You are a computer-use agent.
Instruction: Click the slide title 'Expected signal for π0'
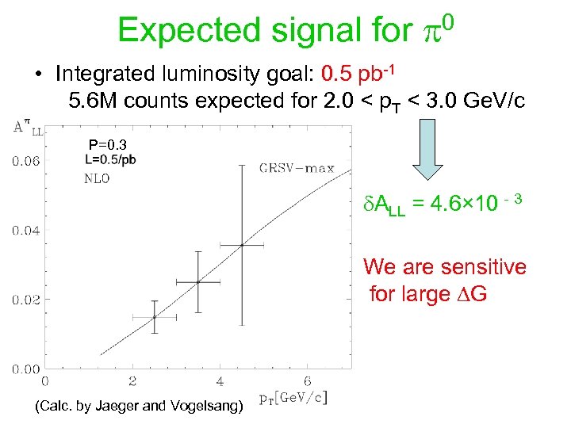coord(285,30)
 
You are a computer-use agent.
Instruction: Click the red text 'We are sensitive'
coord(445,267)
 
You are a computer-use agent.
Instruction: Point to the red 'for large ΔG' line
coord(428,294)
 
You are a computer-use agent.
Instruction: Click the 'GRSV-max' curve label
coord(297,167)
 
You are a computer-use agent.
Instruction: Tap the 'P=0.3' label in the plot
coord(107,145)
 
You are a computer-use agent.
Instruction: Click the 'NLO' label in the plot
coord(97,179)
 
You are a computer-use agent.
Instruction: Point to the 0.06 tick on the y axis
coord(26,162)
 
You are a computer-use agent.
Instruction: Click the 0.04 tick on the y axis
coord(26,231)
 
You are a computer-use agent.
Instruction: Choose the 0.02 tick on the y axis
coord(26,300)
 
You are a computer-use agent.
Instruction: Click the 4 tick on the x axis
coord(220,380)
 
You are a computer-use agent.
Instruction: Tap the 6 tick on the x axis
coord(307,380)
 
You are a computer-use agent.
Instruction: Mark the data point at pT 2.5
coord(155,317)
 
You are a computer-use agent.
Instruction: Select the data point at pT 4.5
coord(242,245)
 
